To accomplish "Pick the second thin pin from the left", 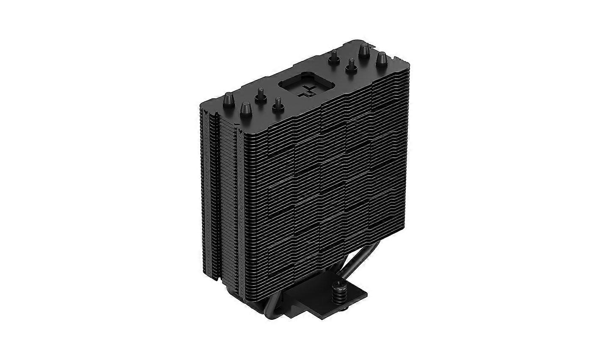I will click(x=277, y=103).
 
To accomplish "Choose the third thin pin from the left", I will click(x=334, y=56).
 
